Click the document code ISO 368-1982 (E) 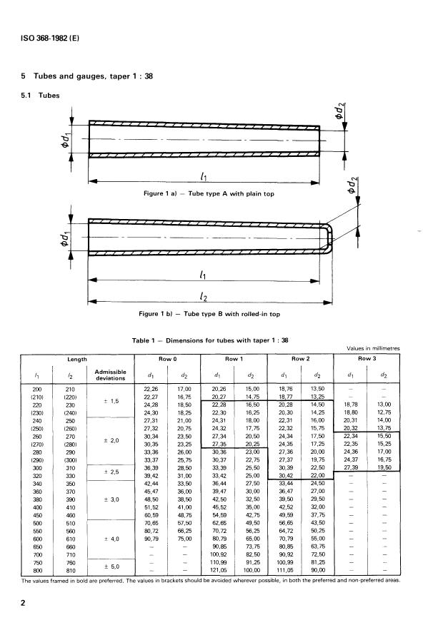coord(50,39)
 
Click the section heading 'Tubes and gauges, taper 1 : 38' coord(93,76)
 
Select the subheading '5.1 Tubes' coord(40,96)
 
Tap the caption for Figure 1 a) coord(209,194)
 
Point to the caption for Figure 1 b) coord(209,314)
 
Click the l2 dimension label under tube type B coord(204,296)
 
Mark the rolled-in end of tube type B coord(327,238)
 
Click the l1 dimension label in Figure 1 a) coord(204,176)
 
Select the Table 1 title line coord(210,340)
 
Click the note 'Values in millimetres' coord(373,348)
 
